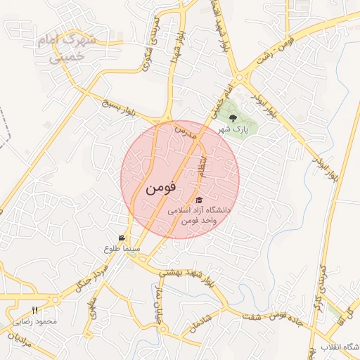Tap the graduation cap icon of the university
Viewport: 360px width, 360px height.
pyautogui.click(x=198, y=200)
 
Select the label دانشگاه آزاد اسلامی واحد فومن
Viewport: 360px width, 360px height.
pyautogui.click(x=193, y=215)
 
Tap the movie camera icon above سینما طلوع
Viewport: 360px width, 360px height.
pyautogui.click(x=122, y=238)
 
